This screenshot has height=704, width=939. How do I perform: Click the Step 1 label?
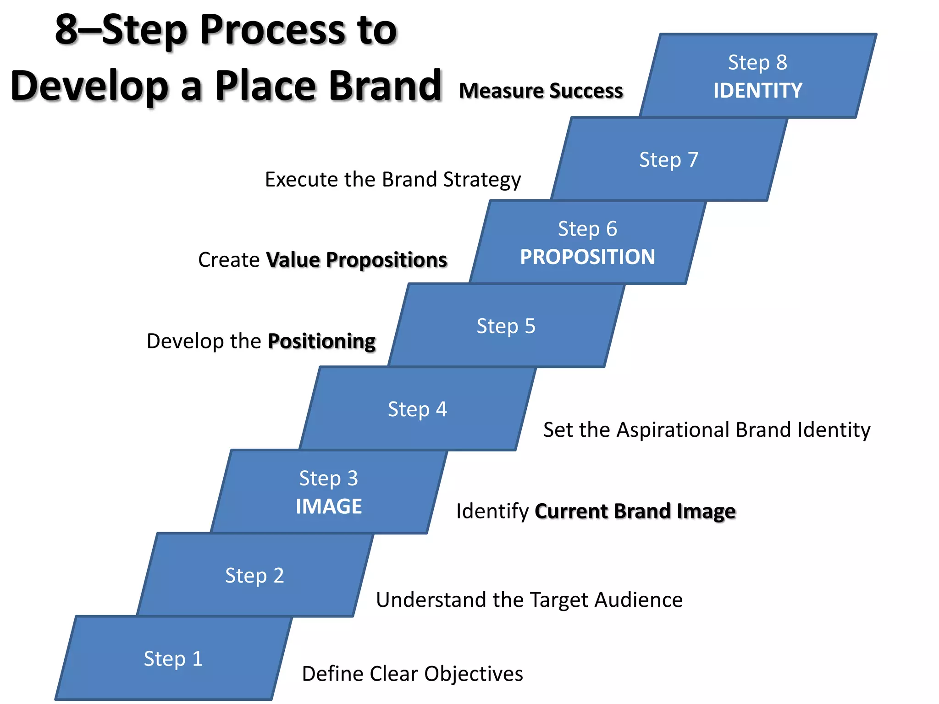(173, 659)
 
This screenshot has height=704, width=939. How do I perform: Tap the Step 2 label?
(254, 576)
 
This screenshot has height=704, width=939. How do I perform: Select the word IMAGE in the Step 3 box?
(329, 506)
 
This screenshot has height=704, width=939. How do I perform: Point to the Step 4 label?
(417, 409)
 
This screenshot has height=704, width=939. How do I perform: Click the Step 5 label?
(506, 326)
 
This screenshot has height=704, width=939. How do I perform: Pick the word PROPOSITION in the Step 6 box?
(587, 257)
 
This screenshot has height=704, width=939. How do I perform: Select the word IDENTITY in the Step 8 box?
(757, 90)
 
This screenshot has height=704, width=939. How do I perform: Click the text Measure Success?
(541, 91)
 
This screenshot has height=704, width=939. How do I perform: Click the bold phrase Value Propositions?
(356, 260)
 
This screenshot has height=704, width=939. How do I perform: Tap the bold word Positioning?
(321, 341)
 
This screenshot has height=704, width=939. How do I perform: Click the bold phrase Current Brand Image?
(635, 511)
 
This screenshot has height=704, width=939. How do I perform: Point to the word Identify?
(492, 511)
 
